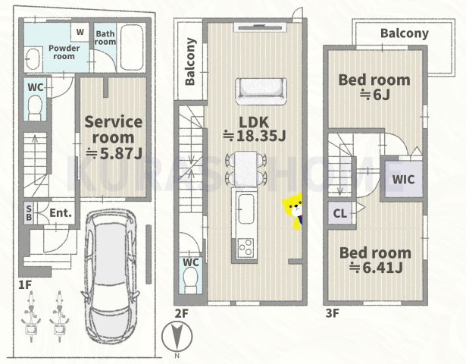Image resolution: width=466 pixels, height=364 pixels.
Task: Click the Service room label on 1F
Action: pos(114,130)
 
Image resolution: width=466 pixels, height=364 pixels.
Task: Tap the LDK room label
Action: pos(254,122)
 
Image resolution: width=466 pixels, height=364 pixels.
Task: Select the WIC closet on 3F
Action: pos(403,179)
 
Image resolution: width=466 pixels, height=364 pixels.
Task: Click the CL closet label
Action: pos(340,213)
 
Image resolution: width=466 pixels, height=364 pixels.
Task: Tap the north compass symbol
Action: pos(177,337)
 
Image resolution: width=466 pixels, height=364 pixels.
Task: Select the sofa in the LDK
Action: pos(261,91)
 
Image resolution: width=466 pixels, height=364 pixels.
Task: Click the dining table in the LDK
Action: pos(246,169)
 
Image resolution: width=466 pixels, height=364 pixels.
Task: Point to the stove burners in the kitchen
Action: pos(246,247)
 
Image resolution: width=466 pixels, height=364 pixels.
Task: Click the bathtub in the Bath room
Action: pos(131,48)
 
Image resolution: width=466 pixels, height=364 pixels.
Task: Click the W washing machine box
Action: pos(80,32)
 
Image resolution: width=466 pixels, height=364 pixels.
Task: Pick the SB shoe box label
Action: pos(29,213)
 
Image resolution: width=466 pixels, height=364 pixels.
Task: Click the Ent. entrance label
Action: pos(61,212)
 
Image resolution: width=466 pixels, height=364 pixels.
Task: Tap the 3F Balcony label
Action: pos(405,33)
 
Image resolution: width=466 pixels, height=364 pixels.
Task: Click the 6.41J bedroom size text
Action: pos(376,268)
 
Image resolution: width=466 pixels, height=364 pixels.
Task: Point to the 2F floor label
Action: pos(182,313)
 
